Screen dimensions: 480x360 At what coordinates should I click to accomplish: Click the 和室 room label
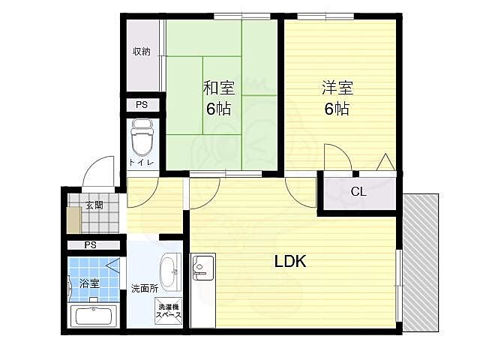tap(219, 88)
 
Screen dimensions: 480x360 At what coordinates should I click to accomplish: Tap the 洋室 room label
tap(337, 88)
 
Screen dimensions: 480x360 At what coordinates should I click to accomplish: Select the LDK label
tap(290, 262)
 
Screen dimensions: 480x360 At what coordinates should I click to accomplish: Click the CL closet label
tap(358, 192)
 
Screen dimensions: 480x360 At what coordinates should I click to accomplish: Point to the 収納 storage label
tap(142, 52)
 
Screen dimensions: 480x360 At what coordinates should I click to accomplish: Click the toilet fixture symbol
tap(142, 137)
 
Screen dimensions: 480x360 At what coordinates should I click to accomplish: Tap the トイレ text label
tap(141, 162)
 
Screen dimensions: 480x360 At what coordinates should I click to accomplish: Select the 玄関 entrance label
tap(94, 205)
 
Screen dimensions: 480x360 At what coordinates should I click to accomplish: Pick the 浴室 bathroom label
tap(90, 283)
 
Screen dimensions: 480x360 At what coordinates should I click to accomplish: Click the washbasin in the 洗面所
tap(170, 272)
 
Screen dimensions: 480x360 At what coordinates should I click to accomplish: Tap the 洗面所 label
tap(145, 288)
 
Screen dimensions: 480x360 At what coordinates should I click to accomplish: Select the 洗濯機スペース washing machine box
tap(168, 310)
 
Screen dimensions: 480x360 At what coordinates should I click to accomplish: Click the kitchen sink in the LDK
tap(202, 267)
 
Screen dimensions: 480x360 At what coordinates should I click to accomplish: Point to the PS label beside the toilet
tap(142, 105)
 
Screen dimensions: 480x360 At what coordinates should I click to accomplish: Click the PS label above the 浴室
tap(90, 245)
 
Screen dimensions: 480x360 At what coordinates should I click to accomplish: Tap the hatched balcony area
tap(421, 262)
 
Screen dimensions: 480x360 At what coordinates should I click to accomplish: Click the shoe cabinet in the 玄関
tap(73, 220)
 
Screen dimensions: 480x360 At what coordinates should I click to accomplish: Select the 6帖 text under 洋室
tap(337, 108)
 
